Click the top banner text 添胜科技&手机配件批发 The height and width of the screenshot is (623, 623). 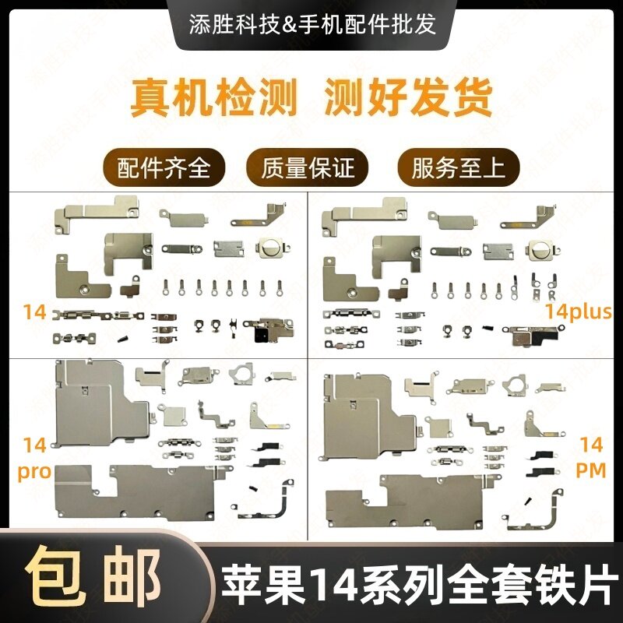(311, 23)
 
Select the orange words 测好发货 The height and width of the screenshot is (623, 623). (408, 97)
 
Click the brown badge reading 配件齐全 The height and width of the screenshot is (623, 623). (164, 166)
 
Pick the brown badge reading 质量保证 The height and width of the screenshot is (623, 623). (311, 166)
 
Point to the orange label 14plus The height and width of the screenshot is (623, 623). (578, 313)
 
